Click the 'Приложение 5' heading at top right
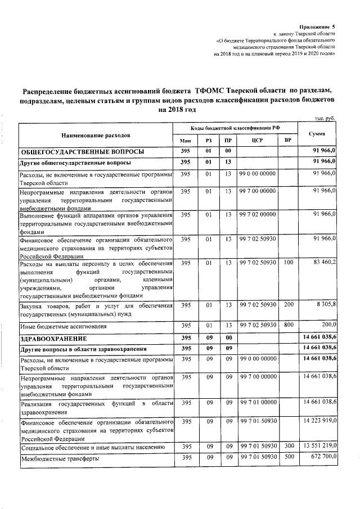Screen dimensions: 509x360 [317, 26]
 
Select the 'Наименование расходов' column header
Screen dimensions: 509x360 [96, 135]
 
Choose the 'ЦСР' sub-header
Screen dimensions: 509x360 [258, 141]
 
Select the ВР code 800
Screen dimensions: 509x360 [288, 325]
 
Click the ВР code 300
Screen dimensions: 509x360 [288, 446]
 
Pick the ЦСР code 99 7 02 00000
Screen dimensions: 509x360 [258, 214]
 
